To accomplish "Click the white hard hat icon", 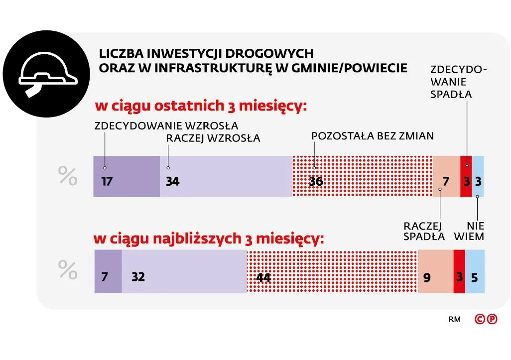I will pyautogui.click(x=48, y=75).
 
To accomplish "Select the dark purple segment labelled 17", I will pyautogui.click(x=127, y=176).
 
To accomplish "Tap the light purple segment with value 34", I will pyautogui.click(x=226, y=176).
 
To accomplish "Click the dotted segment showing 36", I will pyautogui.click(x=362, y=176).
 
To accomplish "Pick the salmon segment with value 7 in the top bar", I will pyautogui.click(x=446, y=176).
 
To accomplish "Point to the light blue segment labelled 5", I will pyautogui.click(x=475, y=271).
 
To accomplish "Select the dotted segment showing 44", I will pyautogui.click(x=332, y=271).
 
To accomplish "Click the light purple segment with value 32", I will pyautogui.click(x=184, y=271).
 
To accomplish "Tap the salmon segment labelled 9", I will pyautogui.click(x=435, y=271).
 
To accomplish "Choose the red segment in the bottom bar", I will pyautogui.click(x=459, y=271).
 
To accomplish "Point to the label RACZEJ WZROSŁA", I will pyautogui.click(x=213, y=138).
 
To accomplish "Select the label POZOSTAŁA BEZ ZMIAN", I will pyautogui.click(x=373, y=135).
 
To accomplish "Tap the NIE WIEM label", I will pyautogui.click(x=469, y=232).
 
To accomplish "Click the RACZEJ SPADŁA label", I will pyautogui.click(x=424, y=232).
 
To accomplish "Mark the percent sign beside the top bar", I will pyautogui.click(x=68, y=176).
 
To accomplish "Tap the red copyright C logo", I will pyautogui.click(x=481, y=319).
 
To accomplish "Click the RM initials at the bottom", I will pyautogui.click(x=454, y=319).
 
